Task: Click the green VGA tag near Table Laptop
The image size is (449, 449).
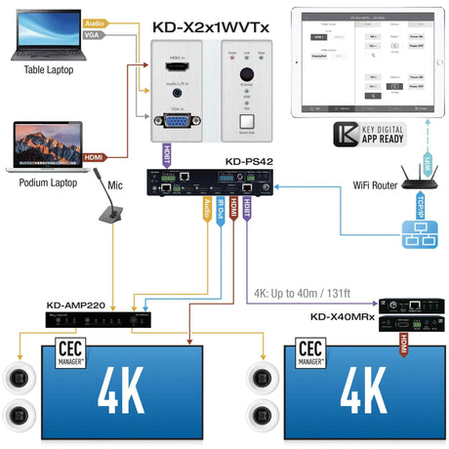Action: click(95, 35)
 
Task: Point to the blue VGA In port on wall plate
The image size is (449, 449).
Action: click(177, 122)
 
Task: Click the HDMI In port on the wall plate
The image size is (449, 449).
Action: click(177, 66)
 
